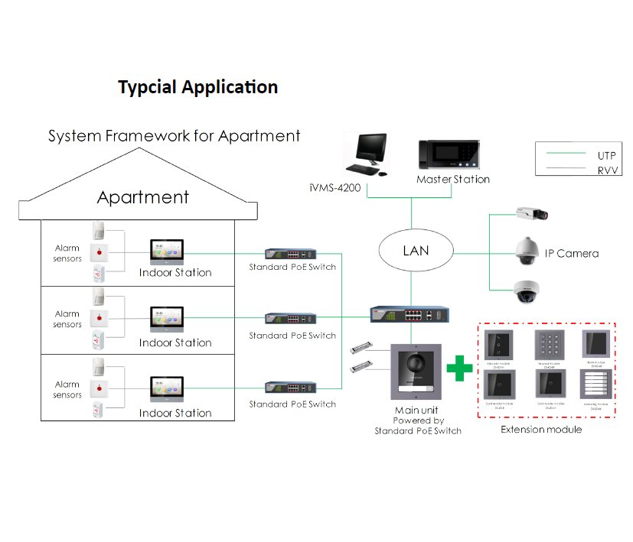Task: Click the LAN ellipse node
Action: (x=416, y=251)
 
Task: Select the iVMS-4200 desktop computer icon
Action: (x=364, y=154)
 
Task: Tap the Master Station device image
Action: (x=449, y=155)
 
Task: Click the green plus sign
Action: (x=459, y=368)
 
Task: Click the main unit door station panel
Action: (x=413, y=372)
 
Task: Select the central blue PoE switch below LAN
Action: (x=409, y=315)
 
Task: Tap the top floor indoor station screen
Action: (x=166, y=251)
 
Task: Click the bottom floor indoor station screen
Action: (x=166, y=390)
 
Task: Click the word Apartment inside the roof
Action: (x=143, y=197)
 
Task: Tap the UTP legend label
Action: (x=606, y=155)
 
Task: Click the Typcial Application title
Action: (x=197, y=87)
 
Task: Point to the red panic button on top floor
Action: (x=98, y=251)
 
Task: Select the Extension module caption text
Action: (x=541, y=430)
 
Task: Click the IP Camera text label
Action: (x=571, y=253)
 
